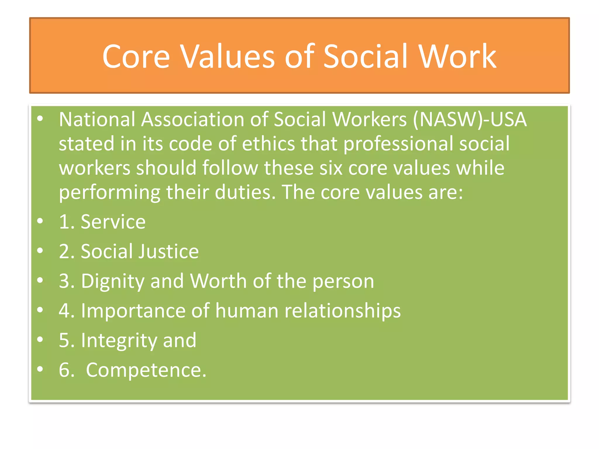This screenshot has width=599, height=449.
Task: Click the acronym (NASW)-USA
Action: pyautogui.click(x=470, y=120)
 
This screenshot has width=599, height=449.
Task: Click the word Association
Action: pyautogui.click(x=193, y=120)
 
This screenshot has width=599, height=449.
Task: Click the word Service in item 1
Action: pyautogui.click(x=113, y=222)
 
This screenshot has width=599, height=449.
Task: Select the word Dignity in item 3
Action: pyautogui.click(x=113, y=282)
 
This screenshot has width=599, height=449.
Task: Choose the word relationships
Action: pyautogui.click(x=342, y=311)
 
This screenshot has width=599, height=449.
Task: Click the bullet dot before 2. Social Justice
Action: pyautogui.click(x=40, y=251)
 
